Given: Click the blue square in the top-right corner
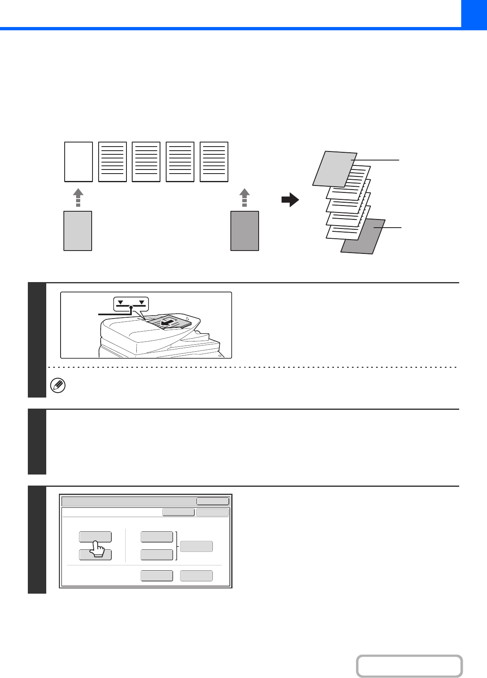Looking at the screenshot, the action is pos(474,13).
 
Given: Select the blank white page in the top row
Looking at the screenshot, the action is pos(79,162).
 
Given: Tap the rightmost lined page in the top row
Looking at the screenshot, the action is pos(214,162).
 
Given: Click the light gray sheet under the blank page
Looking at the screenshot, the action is pos(78,231).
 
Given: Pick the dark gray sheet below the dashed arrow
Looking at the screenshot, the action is pos(245,231).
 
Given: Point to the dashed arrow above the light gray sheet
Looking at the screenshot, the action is pos(78,198).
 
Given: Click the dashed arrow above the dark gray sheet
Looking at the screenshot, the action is pos(244,198).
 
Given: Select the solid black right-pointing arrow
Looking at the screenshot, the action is pos(290,200).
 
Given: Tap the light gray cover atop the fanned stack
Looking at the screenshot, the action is pos(334,169).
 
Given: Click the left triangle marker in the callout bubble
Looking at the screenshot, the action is pos(120,303).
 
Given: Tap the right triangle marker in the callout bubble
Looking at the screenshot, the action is pos(142,303).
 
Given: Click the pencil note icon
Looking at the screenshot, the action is pos(58,386).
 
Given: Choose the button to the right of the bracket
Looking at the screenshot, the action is pos(196,546).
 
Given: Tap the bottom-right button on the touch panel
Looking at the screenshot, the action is pos(196,576).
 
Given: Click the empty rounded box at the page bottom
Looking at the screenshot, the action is pos(409,666).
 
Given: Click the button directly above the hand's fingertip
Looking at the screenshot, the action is pos(95,536).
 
